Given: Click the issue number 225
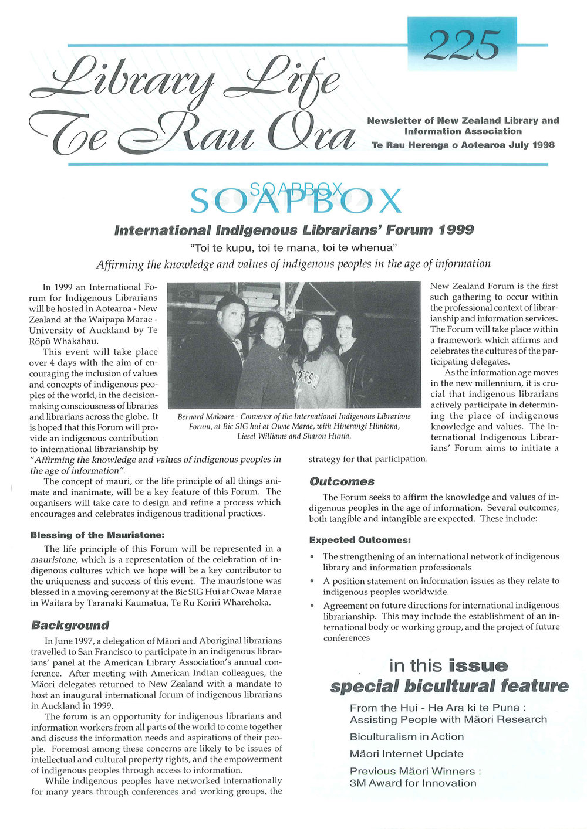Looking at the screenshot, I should (x=462, y=45).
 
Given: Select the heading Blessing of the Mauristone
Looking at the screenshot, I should (x=97, y=535).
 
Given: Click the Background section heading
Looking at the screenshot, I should (x=70, y=625).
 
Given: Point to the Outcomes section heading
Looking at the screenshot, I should (x=342, y=481).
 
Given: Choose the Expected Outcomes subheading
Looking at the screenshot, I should (x=360, y=540).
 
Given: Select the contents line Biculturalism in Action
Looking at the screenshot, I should (x=406, y=737).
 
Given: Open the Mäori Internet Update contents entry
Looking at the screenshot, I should (x=406, y=754).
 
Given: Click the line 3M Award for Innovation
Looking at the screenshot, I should (x=413, y=783).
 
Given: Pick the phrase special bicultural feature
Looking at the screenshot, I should (x=449, y=686).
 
